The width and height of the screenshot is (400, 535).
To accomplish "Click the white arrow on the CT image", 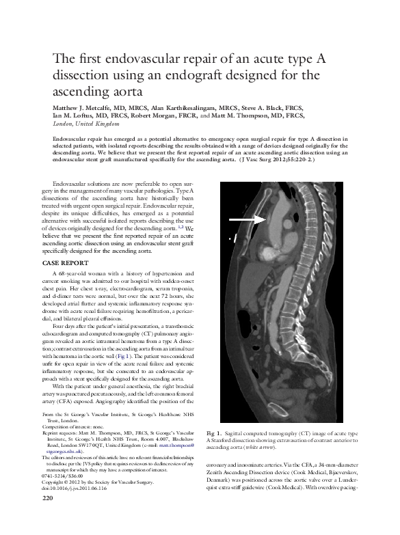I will pos(245,219).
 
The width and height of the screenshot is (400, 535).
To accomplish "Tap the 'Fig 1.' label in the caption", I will pos(213,433).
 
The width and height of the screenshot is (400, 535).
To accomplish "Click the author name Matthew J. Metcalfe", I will pos(80,107).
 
